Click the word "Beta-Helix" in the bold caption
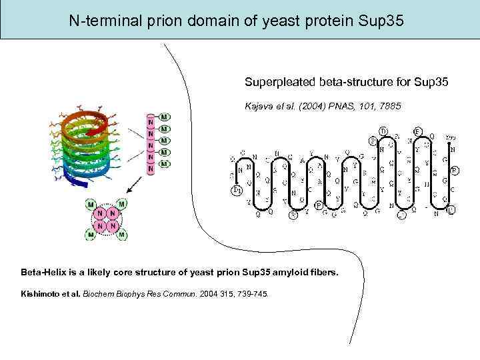44,273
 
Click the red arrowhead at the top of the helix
100,121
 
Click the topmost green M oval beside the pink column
164,117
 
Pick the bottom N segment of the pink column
151,169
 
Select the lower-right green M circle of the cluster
122,235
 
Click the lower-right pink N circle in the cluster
112,226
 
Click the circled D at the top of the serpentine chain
383,131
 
